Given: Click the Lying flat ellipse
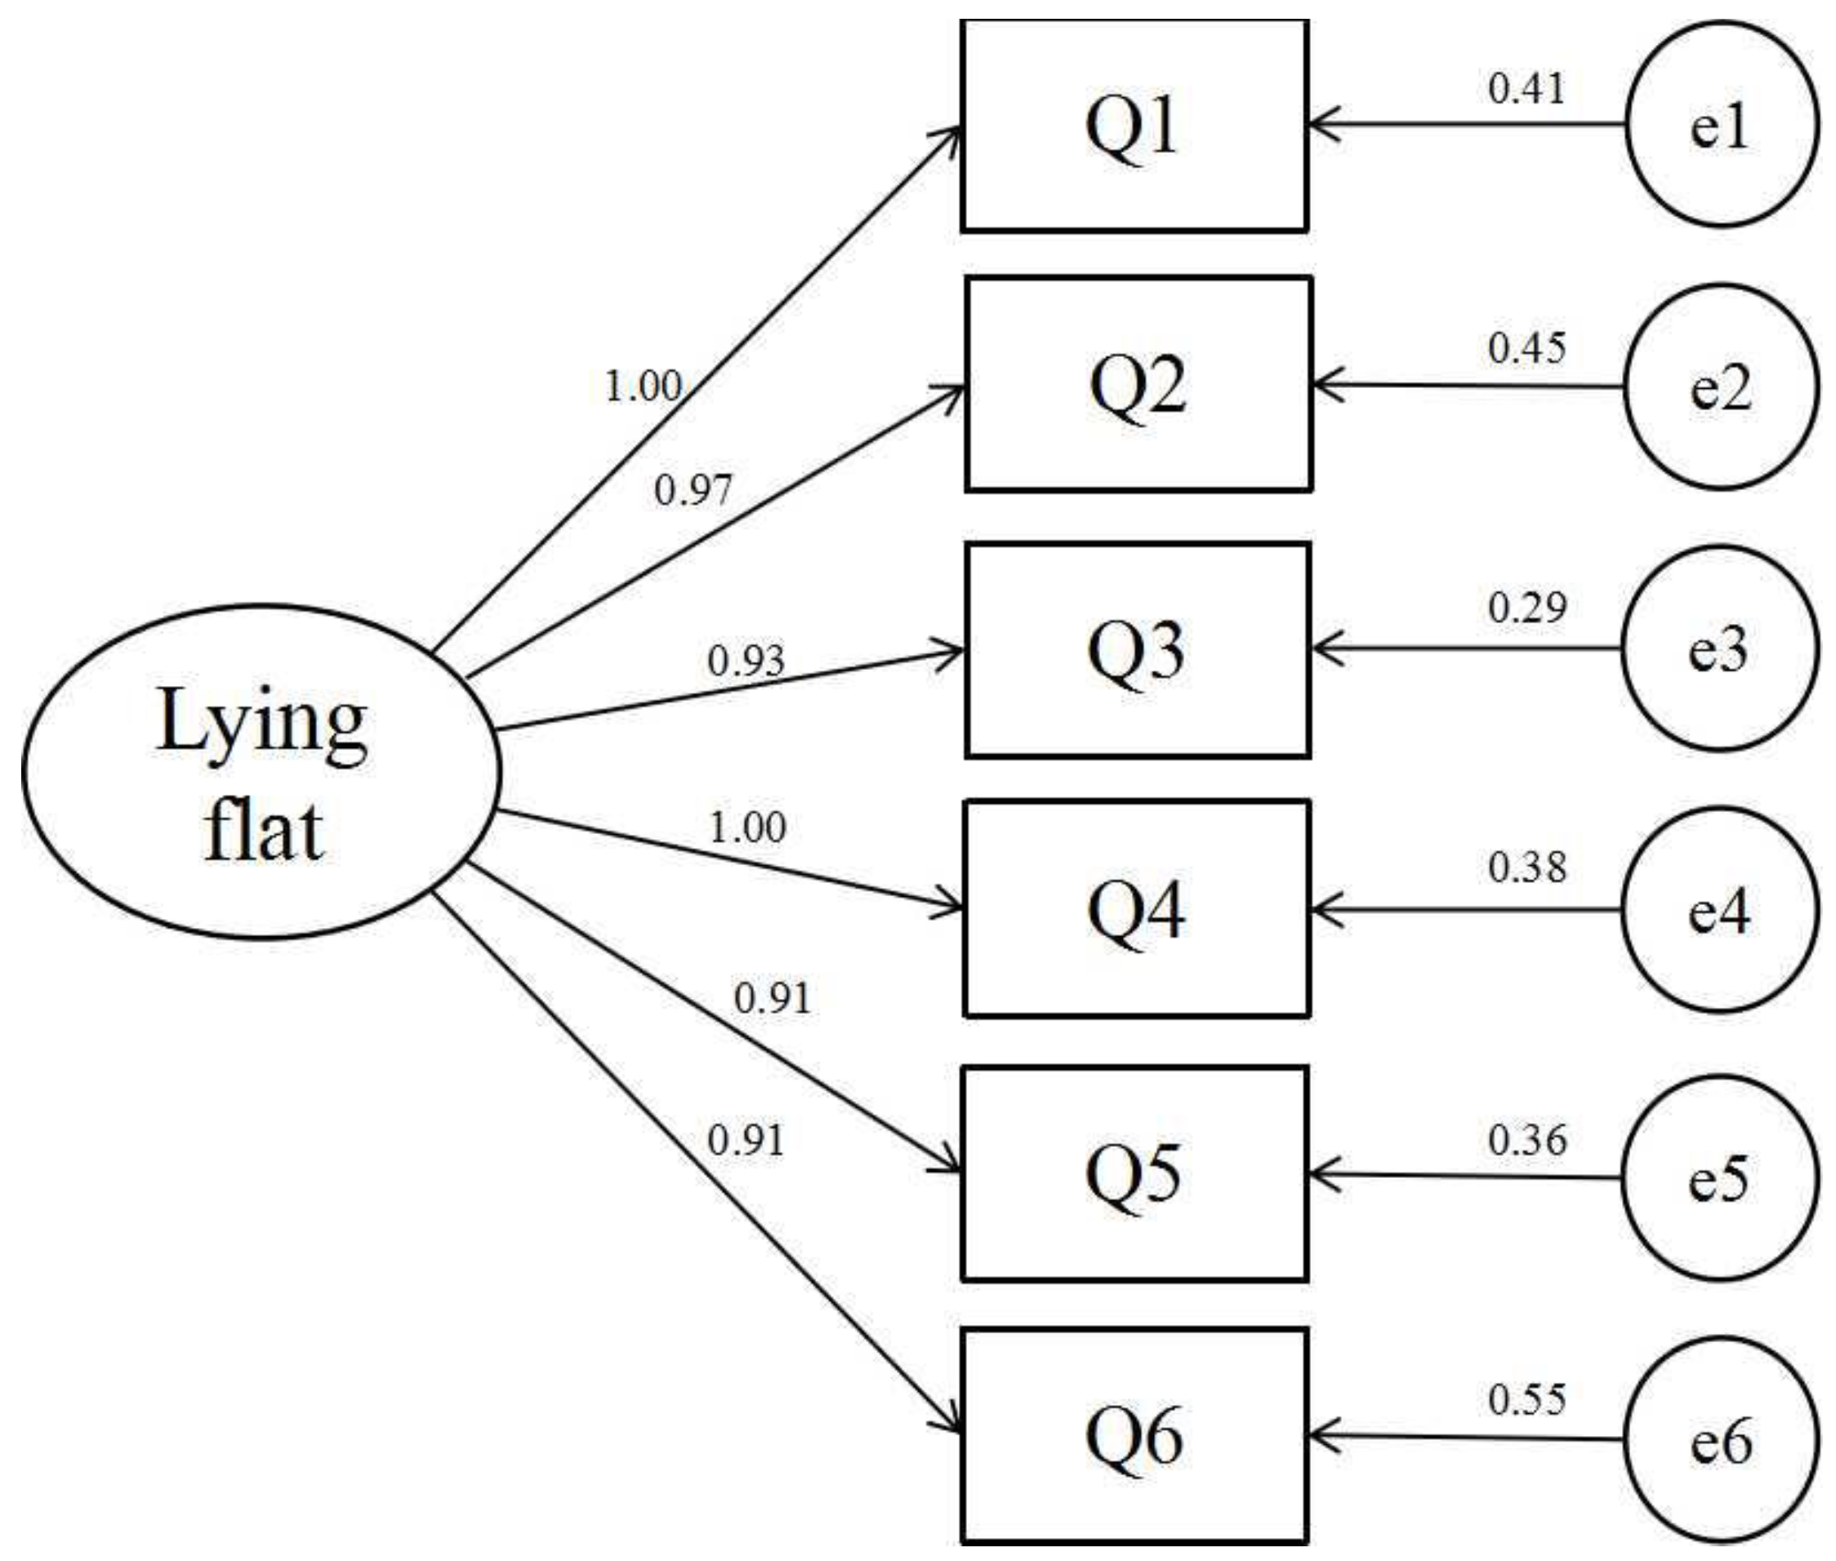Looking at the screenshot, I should (261, 769).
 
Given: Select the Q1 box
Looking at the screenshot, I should (1134, 126).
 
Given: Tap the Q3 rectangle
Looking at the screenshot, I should (1137, 650).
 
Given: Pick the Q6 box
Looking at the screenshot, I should (1134, 1436).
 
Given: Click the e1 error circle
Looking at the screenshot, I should (1721, 124).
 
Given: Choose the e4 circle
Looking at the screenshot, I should (1719, 910).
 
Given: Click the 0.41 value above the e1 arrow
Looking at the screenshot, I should (1526, 88).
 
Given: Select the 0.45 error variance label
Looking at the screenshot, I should (1526, 348).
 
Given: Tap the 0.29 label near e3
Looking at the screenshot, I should (1526, 607).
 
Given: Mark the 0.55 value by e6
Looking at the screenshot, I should (1526, 1399).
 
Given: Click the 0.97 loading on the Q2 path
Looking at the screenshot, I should (693, 489).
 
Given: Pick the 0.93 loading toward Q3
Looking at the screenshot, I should (746, 660).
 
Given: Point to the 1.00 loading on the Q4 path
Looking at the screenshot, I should (747, 827).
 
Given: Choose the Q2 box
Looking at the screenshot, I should (1138, 385).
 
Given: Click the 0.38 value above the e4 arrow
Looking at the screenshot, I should (1526, 867).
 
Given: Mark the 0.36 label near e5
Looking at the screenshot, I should (1526, 1140).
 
